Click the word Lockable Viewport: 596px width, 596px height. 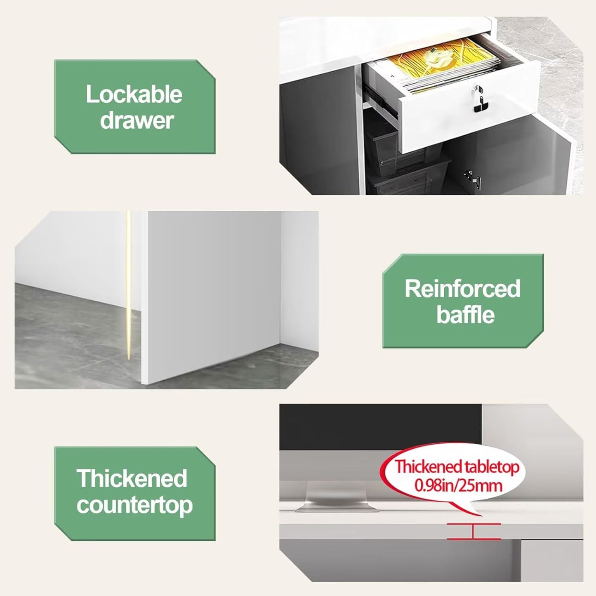click(134, 94)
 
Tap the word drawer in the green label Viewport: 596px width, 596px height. click(137, 120)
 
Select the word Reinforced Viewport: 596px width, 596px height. click(462, 289)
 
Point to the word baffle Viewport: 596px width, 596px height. click(465, 315)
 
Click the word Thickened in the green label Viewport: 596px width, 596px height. click(132, 478)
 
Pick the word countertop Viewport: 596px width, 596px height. click(134, 505)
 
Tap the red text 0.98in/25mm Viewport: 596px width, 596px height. click(458, 485)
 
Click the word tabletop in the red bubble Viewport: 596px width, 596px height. click(490, 466)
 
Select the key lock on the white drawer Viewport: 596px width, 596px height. click(478, 99)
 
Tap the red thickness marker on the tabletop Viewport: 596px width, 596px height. click(473, 531)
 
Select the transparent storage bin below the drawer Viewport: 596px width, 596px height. click(408, 173)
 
